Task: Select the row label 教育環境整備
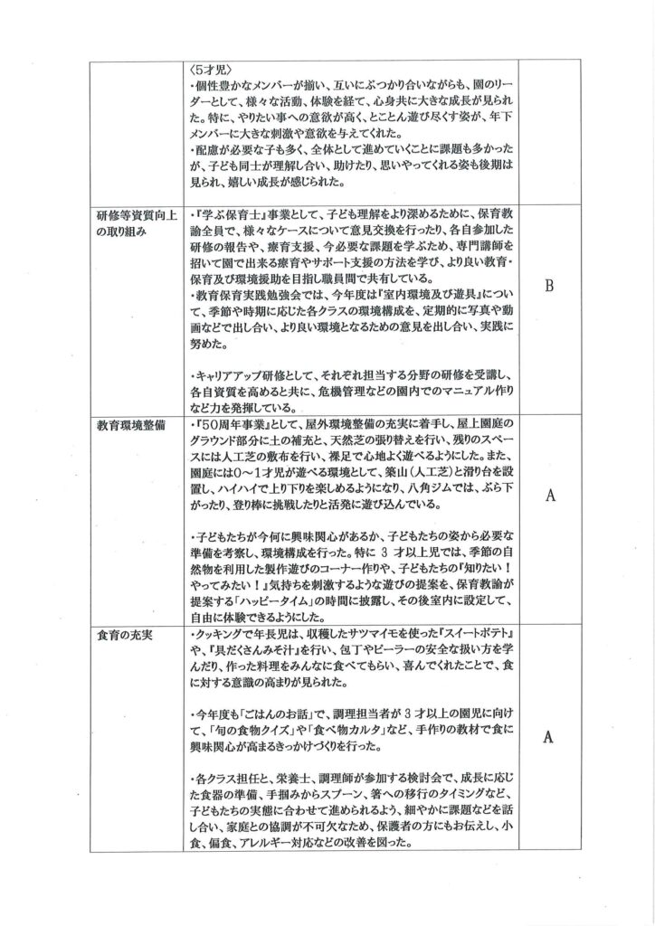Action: click(129, 424)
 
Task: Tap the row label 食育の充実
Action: click(125, 633)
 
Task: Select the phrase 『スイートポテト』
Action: click(468, 634)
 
